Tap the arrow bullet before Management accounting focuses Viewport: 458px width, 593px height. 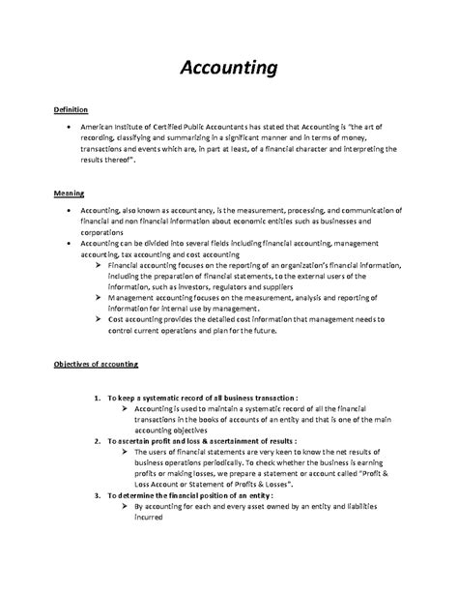tap(100, 298)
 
